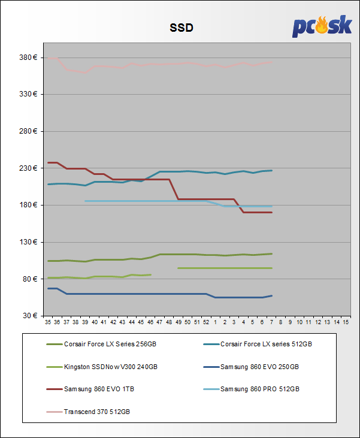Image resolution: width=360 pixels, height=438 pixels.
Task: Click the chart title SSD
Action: tap(180, 28)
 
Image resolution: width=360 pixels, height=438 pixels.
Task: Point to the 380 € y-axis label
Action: tap(29, 58)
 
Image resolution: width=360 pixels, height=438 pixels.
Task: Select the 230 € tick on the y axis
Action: tap(29, 168)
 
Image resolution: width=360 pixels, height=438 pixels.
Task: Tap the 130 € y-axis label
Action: tap(29, 242)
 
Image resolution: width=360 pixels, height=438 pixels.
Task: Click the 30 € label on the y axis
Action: tap(31, 316)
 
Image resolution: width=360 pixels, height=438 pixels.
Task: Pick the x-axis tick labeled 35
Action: tap(48, 322)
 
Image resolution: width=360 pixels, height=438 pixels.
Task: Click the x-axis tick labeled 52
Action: tap(206, 322)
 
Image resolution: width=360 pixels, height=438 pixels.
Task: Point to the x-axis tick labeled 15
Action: tap(346, 322)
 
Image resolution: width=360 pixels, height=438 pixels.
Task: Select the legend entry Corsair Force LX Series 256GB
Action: tap(104, 344)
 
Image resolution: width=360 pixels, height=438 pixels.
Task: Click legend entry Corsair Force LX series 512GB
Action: tap(266, 344)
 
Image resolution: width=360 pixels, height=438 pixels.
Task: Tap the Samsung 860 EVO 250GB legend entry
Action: tap(259, 366)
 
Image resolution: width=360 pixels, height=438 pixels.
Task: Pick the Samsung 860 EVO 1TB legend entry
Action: tap(99, 389)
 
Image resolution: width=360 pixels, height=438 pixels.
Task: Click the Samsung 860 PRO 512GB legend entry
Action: tap(259, 389)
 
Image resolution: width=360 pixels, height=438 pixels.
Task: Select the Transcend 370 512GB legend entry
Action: tap(96, 412)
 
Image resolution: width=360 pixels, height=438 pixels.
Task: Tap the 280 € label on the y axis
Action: tap(29, 131)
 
